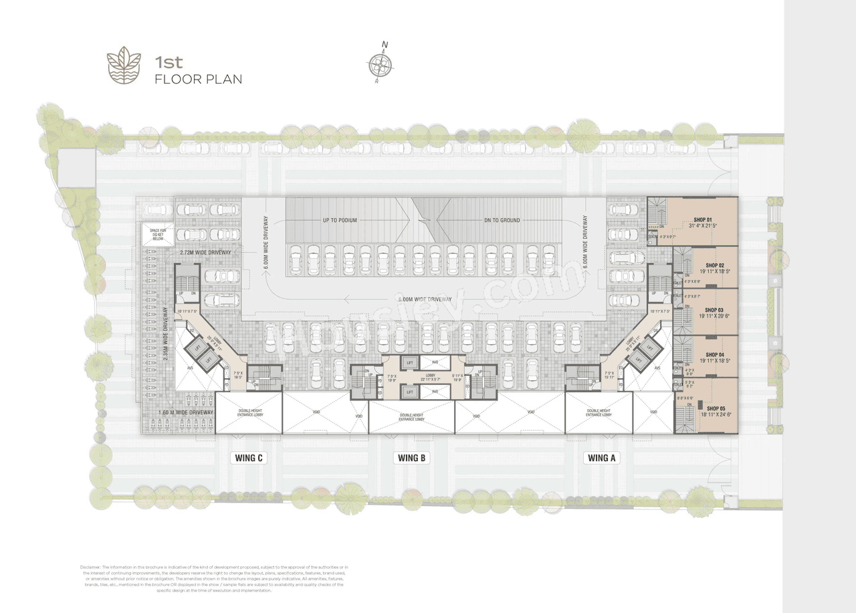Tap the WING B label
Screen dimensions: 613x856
coord(412,458)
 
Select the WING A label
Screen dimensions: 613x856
coord(600,458)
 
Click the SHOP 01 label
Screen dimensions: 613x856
coord(704,219)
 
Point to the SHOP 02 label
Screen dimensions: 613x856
coord(704,265)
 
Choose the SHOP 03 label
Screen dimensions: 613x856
coord(704,310)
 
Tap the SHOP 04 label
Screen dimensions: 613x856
coord(704,355)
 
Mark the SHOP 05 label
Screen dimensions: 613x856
coord(716,408)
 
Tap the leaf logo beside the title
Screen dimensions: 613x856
coord(124,65)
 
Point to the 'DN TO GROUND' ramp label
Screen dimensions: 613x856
coord(502,220)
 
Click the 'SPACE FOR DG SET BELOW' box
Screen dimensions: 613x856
coord(158,235)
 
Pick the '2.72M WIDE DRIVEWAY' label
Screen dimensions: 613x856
coord(205,253)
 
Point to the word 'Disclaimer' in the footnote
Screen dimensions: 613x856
coord(90,567)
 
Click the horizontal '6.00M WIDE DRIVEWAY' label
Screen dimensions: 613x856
coord(425,299)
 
